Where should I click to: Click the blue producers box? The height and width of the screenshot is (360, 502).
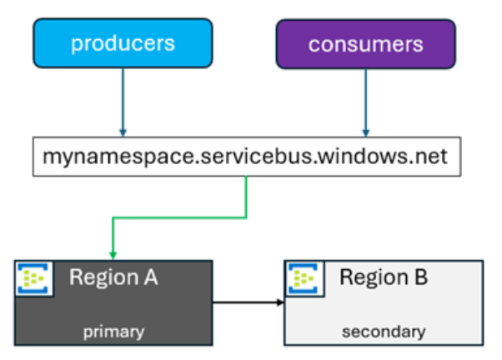click(123, 43)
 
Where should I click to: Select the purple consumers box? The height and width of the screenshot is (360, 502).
click(366, 44)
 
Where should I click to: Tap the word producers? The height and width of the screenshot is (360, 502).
click(123, 44)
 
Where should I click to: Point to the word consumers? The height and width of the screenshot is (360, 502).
click(366, 44)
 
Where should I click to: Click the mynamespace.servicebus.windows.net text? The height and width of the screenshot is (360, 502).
click(245, 157)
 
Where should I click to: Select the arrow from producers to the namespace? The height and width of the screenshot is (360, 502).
click(123, 102)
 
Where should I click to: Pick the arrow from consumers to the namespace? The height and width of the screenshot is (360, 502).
click(366, 102)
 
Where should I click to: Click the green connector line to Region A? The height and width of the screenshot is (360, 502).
click(179, 218)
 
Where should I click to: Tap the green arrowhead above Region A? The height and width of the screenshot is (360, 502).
click(113, 255)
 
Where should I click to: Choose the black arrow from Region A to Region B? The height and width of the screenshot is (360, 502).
click(248, 302)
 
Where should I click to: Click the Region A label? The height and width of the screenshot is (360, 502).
click(113, 277)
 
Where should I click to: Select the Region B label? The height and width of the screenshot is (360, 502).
click(384, 277)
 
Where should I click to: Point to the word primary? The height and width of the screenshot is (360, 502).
click(113, 332)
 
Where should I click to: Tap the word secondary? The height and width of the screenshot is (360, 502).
click(384, 332)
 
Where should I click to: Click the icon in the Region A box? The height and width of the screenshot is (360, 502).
click(33, 278)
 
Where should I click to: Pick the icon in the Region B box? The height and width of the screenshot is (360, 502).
click(304, 278)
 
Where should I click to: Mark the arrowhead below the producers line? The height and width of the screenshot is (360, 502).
click(123, 132)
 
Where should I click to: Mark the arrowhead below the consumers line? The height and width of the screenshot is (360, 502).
click(366, 132)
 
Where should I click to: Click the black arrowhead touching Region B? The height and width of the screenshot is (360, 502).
click(280, 302)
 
